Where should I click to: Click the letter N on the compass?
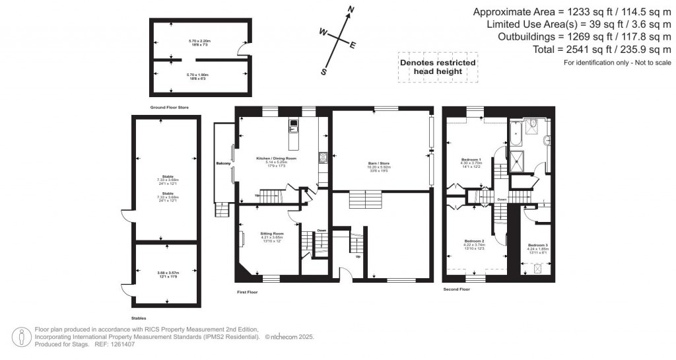pyautogui.click(x=351, y=9)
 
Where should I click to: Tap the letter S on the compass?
pyautogui.click(x=324, y=72)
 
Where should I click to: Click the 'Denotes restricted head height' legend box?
pyautogui.click(x=438, y=67)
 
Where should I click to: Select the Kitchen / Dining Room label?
pyautogui.click(x=277, y=159)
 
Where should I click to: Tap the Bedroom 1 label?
pyautogui.click(x=471, y=159)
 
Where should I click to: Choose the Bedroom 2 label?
pyautogui.click(x=474, y=240)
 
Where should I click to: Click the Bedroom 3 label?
pyautogui.click(x=538, y=245)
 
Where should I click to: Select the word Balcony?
pyautogui.click(x=223, y=163)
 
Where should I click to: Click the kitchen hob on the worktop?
pyautogui.click(x=323, y=157)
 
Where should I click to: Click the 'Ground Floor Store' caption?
pyautogui.click(x=168, y=106)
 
